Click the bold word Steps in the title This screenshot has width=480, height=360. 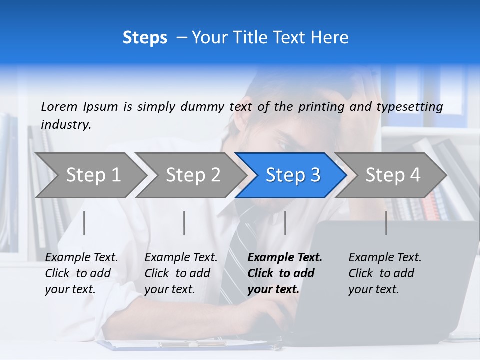tap(145, 38)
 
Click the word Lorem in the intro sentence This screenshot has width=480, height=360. tap(59, 106)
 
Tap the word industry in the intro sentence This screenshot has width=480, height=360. tap(66, 125)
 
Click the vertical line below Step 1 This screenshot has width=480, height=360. tap(84, 223)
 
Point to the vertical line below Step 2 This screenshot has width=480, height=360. tap(184, 223)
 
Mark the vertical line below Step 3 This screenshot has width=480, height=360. tap(285, 223)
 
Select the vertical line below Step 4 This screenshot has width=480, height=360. tap(386, 223)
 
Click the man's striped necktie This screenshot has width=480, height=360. tap(235, 250)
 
